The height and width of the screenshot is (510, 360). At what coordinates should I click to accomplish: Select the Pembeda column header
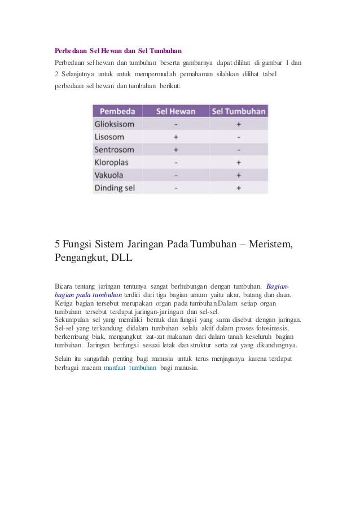pos(117,111)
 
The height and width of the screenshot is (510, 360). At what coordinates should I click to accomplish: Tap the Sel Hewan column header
pos(175,111)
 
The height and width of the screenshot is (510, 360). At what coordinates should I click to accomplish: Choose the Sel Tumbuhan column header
pos(238,111)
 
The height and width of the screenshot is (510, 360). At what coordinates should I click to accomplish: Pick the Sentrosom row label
pos(115,150)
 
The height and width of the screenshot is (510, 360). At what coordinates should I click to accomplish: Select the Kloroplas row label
pos(113,163)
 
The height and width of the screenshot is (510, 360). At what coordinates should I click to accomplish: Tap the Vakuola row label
pos(109,175)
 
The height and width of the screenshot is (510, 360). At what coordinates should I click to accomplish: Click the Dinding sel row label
pos(115,188)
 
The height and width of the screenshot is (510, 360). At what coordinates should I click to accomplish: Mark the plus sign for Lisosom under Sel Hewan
pos(175,137)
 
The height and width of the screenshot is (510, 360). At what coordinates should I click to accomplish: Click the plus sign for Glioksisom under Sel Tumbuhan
pos(239,124)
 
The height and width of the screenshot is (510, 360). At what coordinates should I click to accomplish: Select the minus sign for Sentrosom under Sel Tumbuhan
pos(239,150)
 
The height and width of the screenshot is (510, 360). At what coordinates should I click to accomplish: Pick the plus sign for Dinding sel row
pos(239,188)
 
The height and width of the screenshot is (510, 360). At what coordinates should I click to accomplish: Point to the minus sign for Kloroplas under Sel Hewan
pos(175,163)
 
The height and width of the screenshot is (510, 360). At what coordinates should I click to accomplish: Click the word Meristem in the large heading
pos(271,245)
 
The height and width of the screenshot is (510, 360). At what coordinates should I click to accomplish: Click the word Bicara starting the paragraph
pos(64,286)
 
